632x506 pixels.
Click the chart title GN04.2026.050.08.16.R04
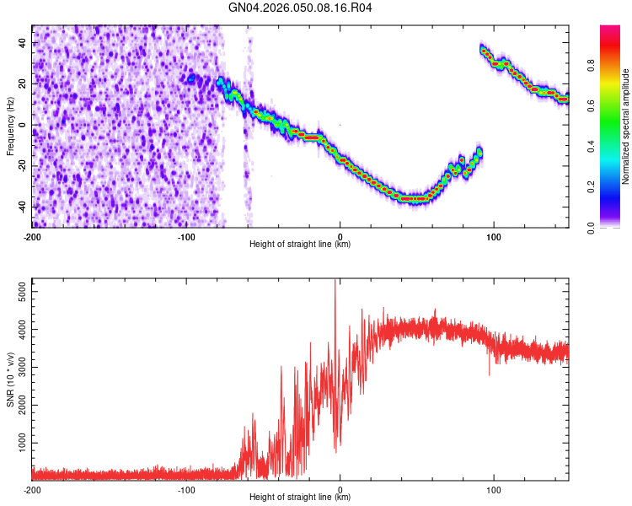pyautogui.click(x=301, y=8)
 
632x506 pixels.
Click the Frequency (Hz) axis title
pyautogui.click(x=10, y=125)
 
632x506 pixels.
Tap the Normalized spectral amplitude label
pyautogui.click(x=626, y=126)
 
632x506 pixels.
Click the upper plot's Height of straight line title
pyautogui.click(x=300, y=244)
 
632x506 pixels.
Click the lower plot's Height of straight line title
pyautogui.click(x=300, y=497)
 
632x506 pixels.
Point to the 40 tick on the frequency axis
pyautogui.click(x=23, y=43)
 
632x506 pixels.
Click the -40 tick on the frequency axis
pyautogui.click(x=21, y=207)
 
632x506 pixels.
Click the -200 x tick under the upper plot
pyautogui.click(x=32, y=235)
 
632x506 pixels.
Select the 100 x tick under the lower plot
pyautogui.click(x=495, y=489)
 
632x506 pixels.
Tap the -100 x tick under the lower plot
pyautogui.click(x=186, y=489)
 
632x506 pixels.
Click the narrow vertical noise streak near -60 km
pyautogui.click(x=247, y=126)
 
